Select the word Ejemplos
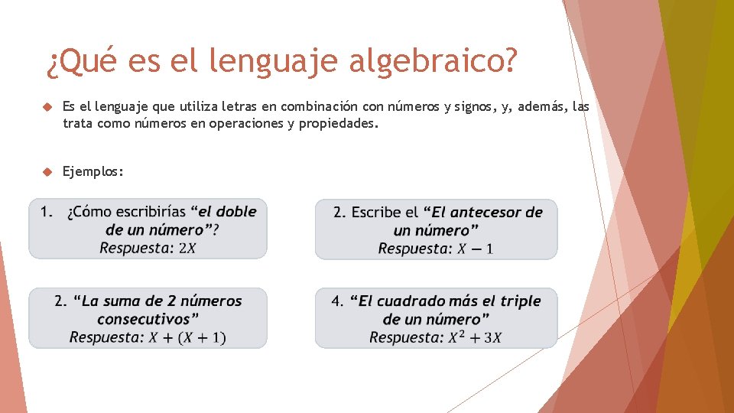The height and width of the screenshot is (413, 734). click(x=93, y=171)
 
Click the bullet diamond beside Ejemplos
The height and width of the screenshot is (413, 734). click(x=46, y=171)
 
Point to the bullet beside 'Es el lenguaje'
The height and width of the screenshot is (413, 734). click(x=46, y=107)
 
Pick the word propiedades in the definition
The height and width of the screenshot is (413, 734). click(x=337, y=123)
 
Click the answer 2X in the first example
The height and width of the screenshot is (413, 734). click(x=187, y=248)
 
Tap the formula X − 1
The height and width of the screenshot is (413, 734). click(x=476, y=249)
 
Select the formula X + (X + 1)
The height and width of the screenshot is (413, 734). click(x=187, y=337)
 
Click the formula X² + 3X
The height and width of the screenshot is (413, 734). click(x=475, y=337)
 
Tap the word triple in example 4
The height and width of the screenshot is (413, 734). click(x=520, y=301)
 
